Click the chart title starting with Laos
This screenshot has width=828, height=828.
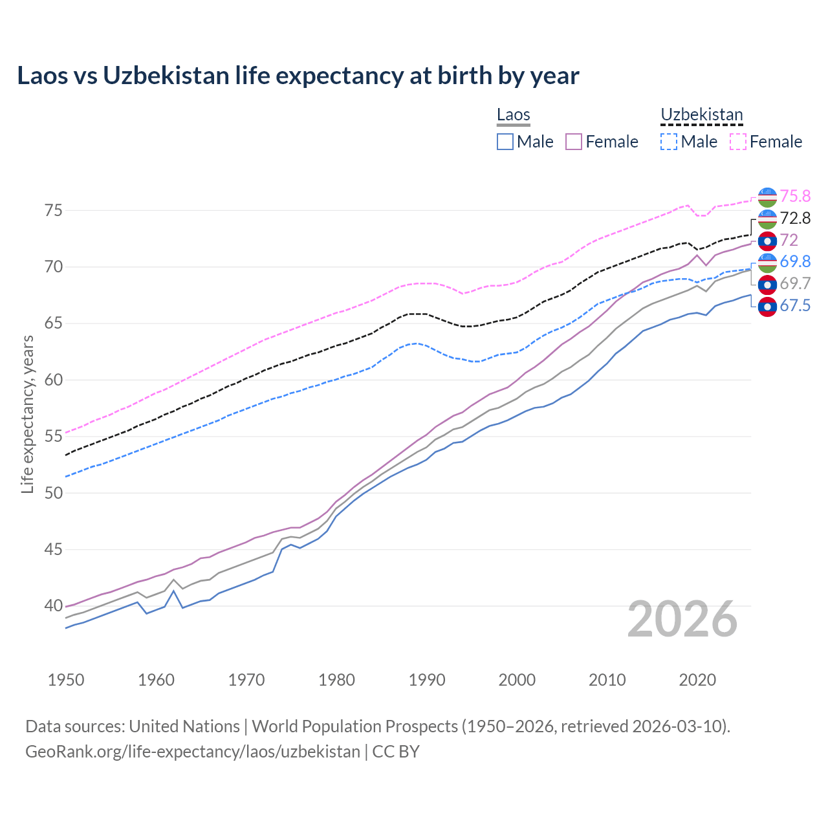point(298,76)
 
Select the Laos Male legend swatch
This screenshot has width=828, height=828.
point(505,142)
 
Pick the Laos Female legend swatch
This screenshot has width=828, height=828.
point(574,142)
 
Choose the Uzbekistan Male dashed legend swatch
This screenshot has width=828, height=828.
point(669,142)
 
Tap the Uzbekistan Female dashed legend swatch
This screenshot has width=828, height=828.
point(738,142)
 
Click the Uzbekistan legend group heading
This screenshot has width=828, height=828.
point(701,115)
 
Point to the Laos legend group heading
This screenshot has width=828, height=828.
point(513,115)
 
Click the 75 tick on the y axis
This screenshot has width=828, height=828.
point(54,211)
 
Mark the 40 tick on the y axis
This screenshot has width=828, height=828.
point(54,606)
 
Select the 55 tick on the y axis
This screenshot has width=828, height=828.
point(54,437)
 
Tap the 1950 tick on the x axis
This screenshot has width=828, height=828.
point(66,680)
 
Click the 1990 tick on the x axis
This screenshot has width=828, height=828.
point(427,680)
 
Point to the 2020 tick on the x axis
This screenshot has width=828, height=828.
point(697,680)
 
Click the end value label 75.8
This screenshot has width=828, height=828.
point(795,196)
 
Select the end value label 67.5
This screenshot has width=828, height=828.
point(795,305)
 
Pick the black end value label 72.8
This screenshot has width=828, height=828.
point(795,218)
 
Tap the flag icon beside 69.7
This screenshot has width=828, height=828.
point(767,284)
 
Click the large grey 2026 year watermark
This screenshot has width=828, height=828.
point(682,619)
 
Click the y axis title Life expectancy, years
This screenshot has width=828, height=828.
point(28,414)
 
